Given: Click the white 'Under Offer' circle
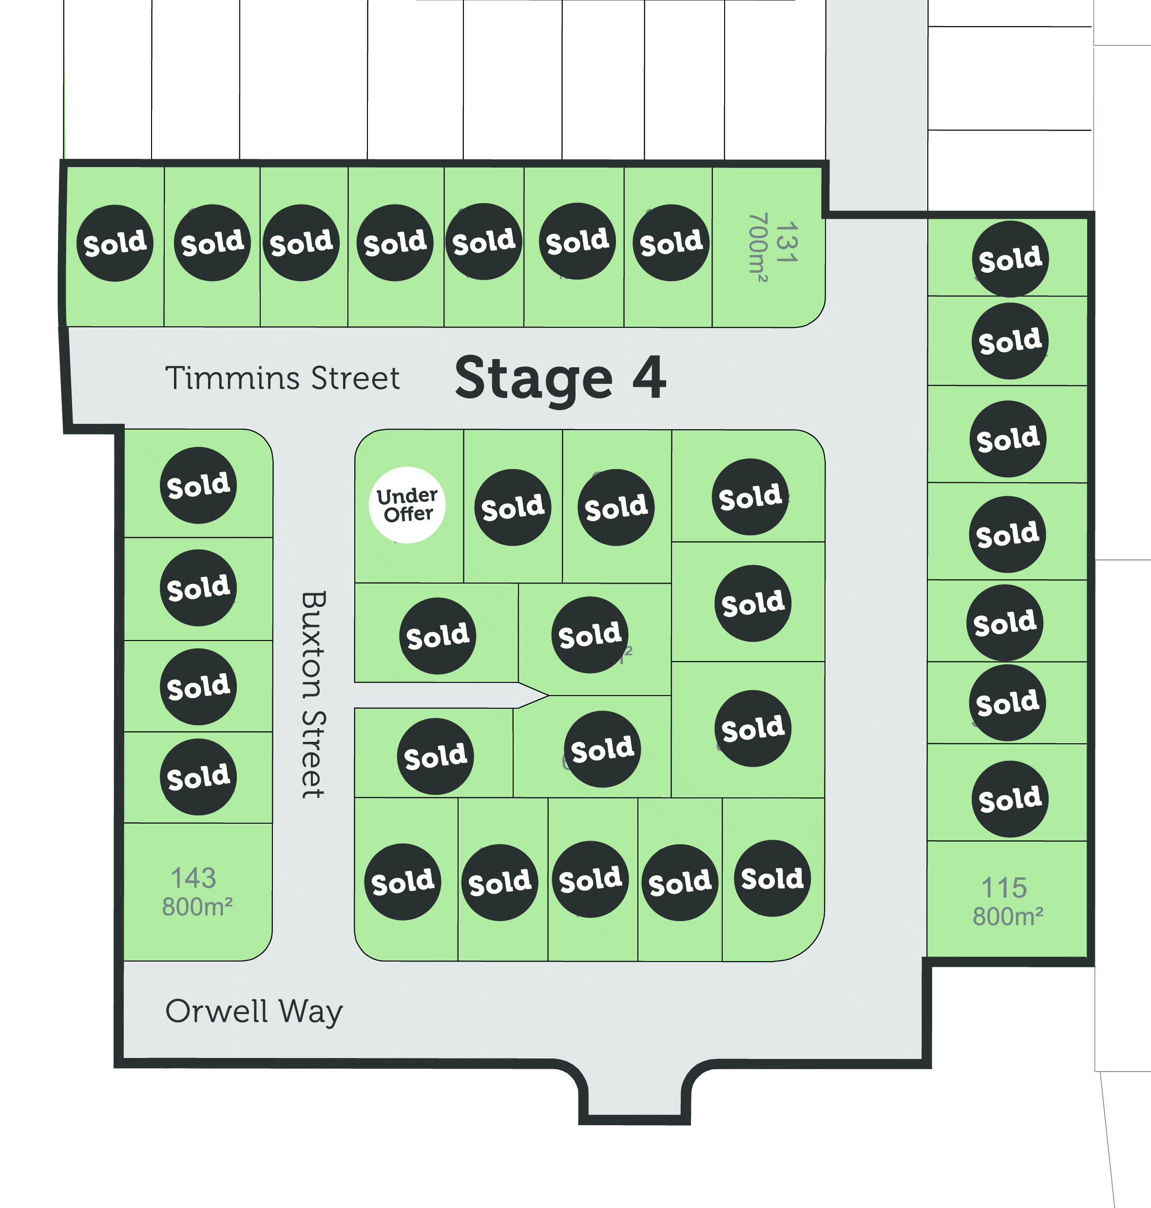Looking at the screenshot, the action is [x=407, y=505].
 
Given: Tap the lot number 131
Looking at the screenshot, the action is [x=787, y=243].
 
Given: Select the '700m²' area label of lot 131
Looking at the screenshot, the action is [x=758, y=248].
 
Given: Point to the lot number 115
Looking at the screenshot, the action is [x=1004, y=887].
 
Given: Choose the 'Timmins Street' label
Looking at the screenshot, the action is [x=283, y=377].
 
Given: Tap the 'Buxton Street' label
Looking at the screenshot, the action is [x=313, y=695].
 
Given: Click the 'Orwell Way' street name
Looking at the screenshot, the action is [x=254, y=1012].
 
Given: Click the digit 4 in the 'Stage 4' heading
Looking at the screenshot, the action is [x=649, y=377].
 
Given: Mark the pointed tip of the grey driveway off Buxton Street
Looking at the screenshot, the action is [x=548, y=696].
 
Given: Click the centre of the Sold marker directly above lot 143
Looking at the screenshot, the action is [x=198, y=776].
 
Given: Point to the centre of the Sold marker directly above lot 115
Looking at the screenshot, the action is [x=1010, y=799].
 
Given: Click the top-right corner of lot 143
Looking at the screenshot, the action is [x=272, y=823].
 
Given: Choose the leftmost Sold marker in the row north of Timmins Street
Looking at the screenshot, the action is [x=115, y=244].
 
